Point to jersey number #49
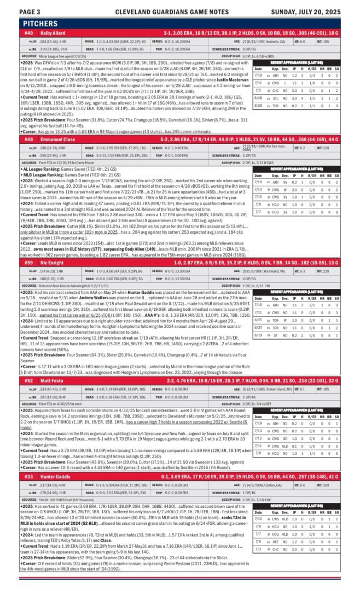coord(28,33)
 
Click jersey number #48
coord(28,140)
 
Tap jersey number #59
coord(28,263)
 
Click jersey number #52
coord(28,380)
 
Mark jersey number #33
coord(28,476)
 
